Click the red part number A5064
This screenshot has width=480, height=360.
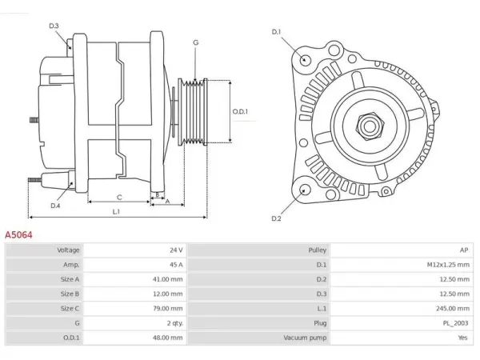pos(18,234)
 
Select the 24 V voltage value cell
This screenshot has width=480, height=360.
pos(176,250)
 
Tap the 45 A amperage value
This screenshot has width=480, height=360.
pos(176,265)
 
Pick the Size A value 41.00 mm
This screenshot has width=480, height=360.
pos(168,279)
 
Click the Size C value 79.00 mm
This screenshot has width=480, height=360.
pos(168,308)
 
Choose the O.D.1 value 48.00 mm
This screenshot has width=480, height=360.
pos(168,338)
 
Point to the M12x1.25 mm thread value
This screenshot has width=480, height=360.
pos(448,265)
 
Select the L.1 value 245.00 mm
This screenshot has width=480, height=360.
pos(453,308)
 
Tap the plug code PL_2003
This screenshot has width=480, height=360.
pos(455,323)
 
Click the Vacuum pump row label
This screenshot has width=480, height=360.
pos(305,338)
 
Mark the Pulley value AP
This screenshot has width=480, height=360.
pos(464,250)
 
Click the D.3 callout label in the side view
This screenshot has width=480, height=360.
pos(54,26)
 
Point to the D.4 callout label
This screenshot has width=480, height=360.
pos(55,206)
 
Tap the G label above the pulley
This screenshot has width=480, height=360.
pos(196,42)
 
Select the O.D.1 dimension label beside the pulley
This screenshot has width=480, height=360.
pos(240,111)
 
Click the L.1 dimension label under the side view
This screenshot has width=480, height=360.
pos(116,211)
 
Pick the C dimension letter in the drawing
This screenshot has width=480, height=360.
pos(119,198)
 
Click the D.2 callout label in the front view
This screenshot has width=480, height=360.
pos(276,218)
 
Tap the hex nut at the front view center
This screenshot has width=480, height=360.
pos(370,126)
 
